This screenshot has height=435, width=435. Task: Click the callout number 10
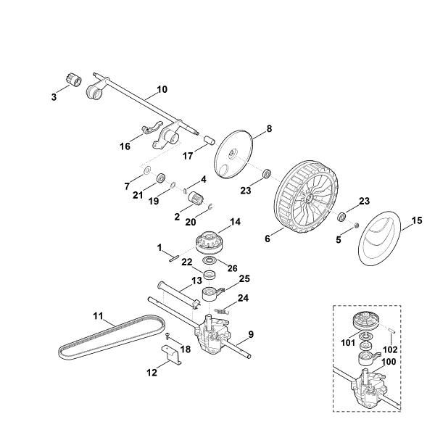point(160,90)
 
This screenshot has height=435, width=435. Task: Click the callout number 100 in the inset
point(389,360)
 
